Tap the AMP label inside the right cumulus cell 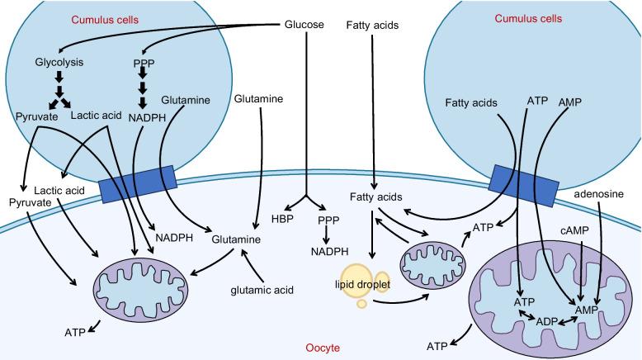tap(571, 102)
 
